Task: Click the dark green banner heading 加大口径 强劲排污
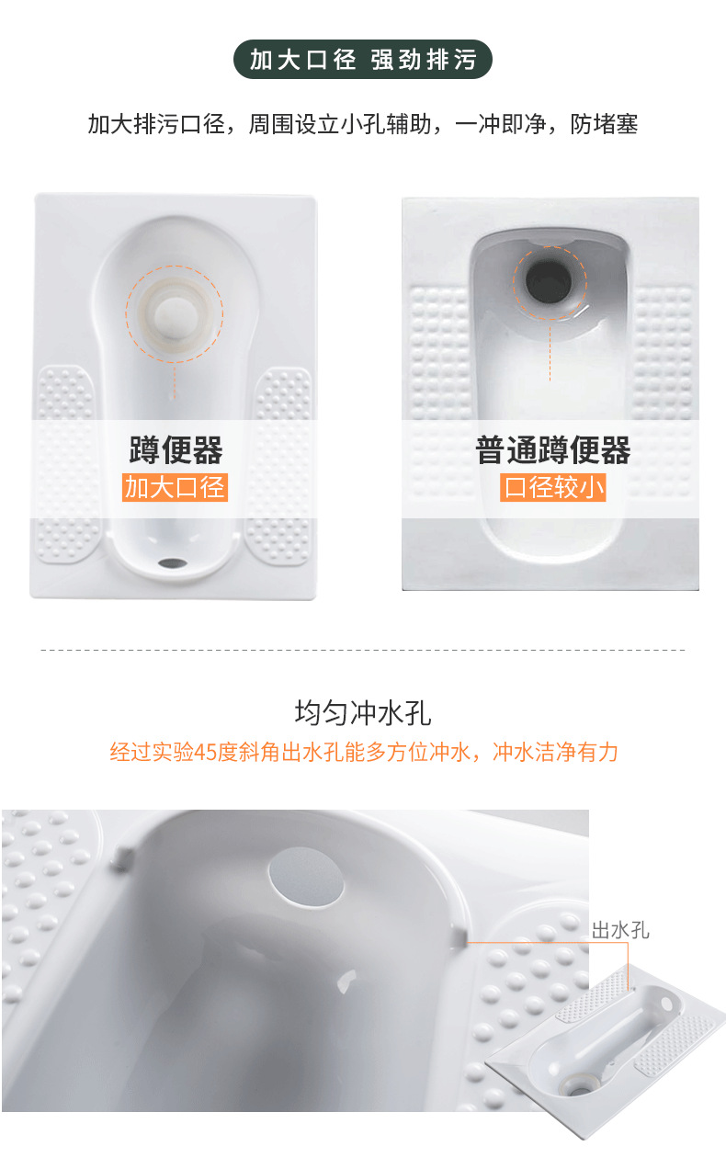[x=363, y=60]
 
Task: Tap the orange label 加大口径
[x=175, y=487]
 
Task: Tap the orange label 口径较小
[x=552, y=487]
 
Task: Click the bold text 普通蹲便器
[x=552, y=449]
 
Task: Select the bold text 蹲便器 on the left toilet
[x=176, y=449]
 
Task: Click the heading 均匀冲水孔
[x=363, y=713]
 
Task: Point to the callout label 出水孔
[x=620, y=930]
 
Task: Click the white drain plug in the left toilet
[x=176, y=314]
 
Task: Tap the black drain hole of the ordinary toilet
[x=549, y=282]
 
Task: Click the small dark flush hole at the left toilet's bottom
[x=173, y=563]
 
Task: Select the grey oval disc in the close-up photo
[x=306, y=876]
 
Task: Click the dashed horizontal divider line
[x=363, y=651]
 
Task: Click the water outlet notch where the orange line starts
[x=458, y=937]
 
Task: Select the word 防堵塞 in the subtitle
[x=604, y=124]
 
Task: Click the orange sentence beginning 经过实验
[x=364, y=753]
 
